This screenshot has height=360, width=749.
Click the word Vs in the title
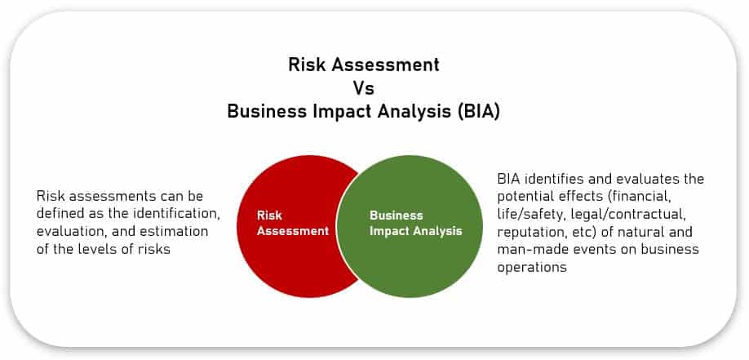[x=363, y=87]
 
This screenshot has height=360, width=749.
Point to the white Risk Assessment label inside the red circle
[x=293, y=223]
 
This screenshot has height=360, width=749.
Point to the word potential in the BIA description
[x=524, y=196]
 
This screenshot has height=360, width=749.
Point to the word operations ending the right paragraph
[x=531, y=267]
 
